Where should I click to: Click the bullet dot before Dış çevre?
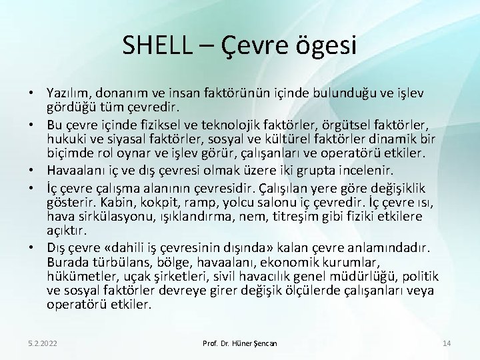point(31,247)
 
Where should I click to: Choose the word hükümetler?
point(79,276)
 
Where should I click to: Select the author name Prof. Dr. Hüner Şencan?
point(240,343)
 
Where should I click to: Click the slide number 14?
point(447,343)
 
